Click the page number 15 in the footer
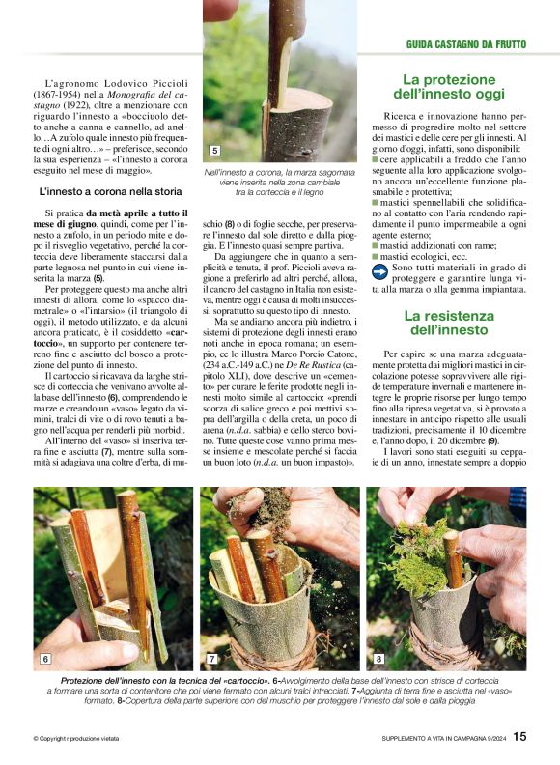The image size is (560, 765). click(x=519, y=736)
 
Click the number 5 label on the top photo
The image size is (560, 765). click(x=214, y=151)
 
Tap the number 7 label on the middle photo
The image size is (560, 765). click(x=212, y=659)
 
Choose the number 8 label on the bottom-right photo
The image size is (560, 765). click(x=378, y=659)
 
